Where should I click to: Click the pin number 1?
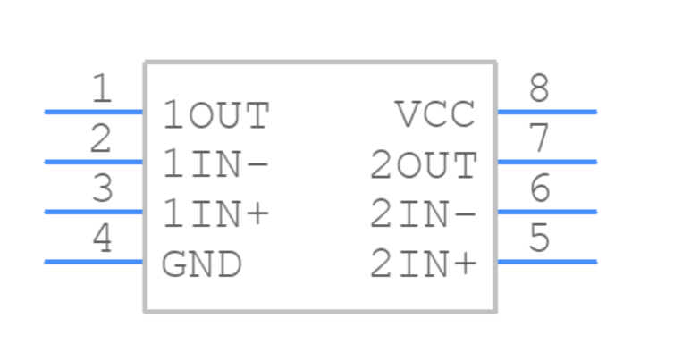103,89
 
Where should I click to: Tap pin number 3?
103,189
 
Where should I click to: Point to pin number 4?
103,239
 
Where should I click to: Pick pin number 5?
538,239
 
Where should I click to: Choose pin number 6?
538,189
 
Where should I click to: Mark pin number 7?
538,139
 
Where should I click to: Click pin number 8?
538,89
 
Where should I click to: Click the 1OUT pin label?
215,115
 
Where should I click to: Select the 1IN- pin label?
215,165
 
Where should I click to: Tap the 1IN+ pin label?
215,215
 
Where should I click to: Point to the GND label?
201,265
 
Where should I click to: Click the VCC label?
435,115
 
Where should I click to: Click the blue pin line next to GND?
94,262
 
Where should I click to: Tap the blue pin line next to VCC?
546,112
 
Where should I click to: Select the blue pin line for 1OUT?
94,112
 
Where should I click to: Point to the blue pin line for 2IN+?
546,262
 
